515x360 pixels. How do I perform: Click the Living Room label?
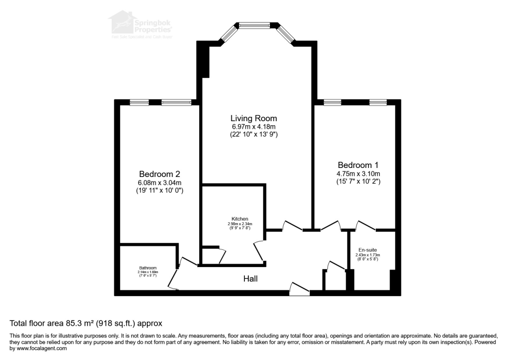coord(250,118)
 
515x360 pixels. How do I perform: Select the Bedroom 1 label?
coord(358,165)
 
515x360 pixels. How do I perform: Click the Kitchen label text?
coord(239,219)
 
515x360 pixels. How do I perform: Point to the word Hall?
coord(250,278)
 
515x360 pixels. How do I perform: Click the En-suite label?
coord(367,250)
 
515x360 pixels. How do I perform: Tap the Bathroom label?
coord(148,268)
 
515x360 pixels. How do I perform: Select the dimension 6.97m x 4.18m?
coord(250,127)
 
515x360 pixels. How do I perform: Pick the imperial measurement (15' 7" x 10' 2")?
coord(358,182)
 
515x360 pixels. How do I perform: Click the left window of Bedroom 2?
coord(139,103)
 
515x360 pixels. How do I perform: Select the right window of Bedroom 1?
coord(378,103)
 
